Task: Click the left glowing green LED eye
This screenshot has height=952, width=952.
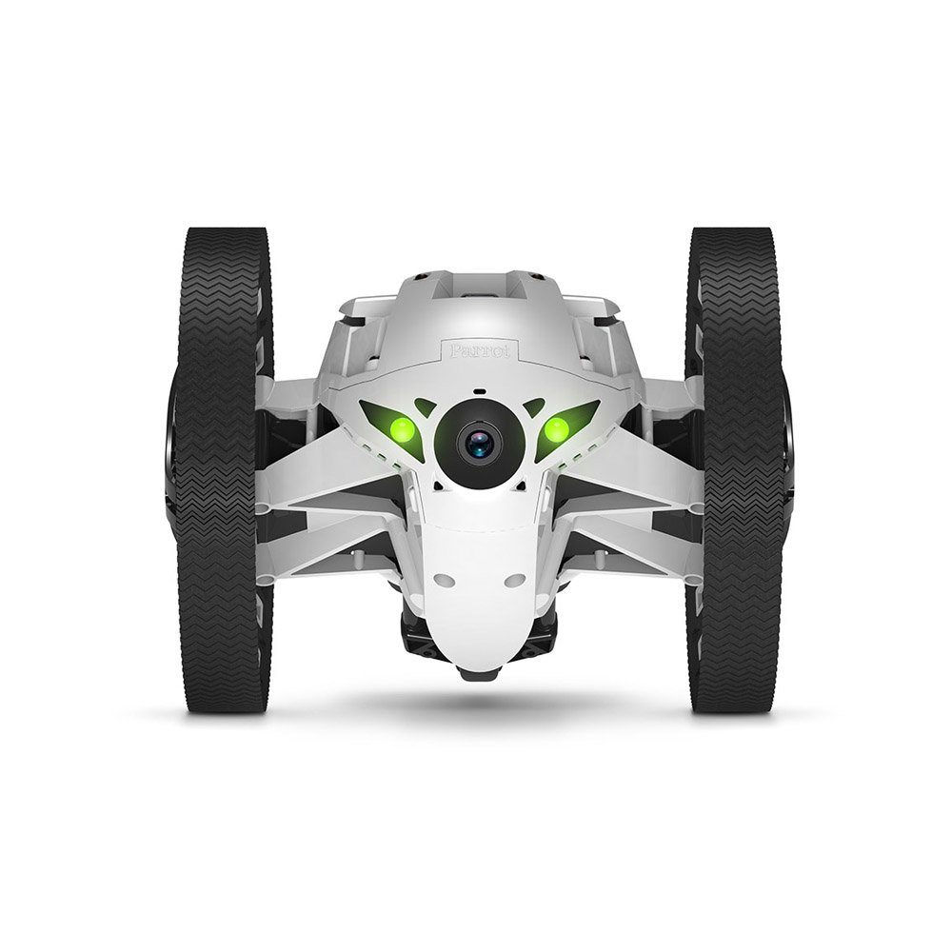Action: click(x=402, y=429)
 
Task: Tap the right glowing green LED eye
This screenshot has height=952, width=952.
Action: click(x=555, y=429)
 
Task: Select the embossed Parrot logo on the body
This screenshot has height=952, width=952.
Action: click(x=479, y=349)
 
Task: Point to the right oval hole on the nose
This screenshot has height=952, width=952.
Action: click(x=515, y=579)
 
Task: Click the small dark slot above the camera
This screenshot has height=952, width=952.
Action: click(x=479, y=391)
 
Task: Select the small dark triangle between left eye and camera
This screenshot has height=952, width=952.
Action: click(x=425, y=407)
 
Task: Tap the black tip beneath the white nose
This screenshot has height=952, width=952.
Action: click(x=478, y=672)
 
